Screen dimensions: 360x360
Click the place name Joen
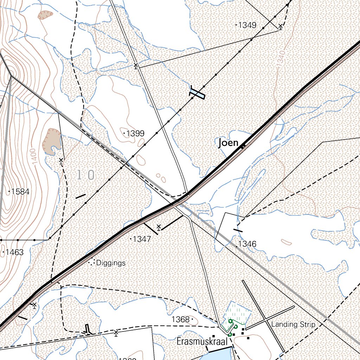coord(228,143)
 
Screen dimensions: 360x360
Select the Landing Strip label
coord(293,324)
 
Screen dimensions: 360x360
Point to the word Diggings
coord(111,263)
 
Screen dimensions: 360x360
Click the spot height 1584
coord(20,192)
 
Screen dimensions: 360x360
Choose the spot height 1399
coord(135,134)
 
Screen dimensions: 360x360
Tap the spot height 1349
coord(247,25)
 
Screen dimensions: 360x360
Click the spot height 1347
coord(142,239)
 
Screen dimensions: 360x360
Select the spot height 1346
coord(247,244)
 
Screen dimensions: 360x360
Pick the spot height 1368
coord(181,320)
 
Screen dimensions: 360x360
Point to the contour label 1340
coord(281,57)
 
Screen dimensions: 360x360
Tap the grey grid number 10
coord(86,175)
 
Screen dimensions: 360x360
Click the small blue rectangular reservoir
coord(197,94)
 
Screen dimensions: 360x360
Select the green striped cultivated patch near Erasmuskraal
coord(238,311)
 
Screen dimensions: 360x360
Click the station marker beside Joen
coord(243,146)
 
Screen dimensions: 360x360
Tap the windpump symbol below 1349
coord(280,26)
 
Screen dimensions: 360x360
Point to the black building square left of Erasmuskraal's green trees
coord(213,336)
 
